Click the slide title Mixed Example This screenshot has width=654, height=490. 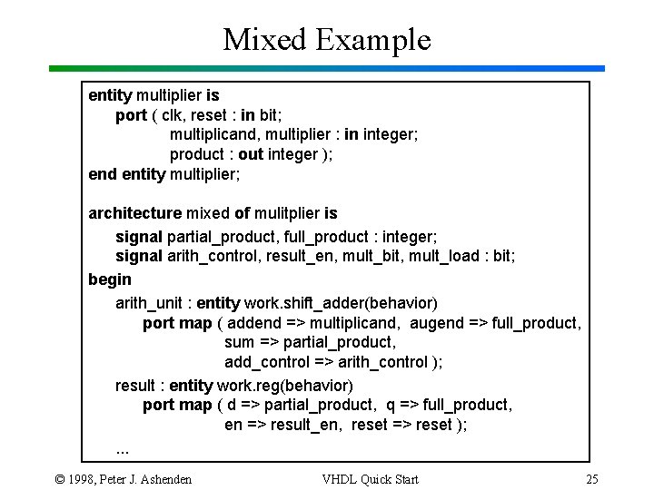click(327, 40)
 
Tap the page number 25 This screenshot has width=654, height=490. click(591, 479)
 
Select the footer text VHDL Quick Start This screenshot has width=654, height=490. click(370, 479)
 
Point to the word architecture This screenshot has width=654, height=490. click(134, 213)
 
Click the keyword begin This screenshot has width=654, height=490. click(109, 279)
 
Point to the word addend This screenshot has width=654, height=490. click(257, 323)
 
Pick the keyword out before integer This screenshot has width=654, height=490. click(251, 154)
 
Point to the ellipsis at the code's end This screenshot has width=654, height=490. click(123, 447)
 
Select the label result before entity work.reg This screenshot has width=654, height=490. click(134, 386)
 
